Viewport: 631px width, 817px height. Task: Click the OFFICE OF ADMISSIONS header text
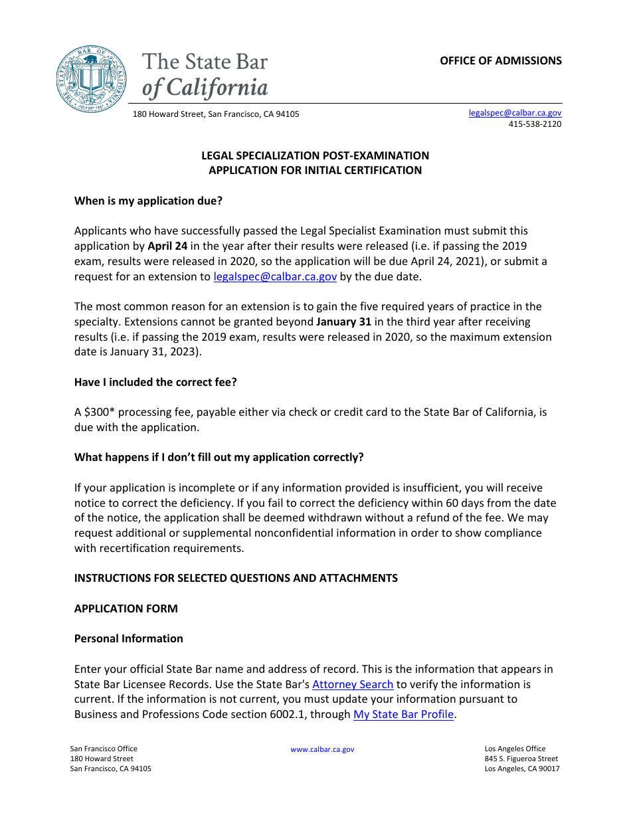(x=500, y=60)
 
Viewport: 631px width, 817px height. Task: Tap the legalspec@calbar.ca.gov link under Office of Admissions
(x=515, y=113)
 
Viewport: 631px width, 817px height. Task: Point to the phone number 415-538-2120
(x=535, y=124)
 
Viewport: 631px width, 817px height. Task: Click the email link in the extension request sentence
(x=275, y=276)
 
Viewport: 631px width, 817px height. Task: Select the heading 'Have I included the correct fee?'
(x=155, y=382)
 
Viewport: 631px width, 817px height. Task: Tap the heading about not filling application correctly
(x=219, y=457)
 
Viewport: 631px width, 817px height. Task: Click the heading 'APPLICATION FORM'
(x=126, y=608)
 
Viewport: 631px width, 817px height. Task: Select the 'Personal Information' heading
(x=128, y=638)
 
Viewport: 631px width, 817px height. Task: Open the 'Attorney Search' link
(x=353, y=684)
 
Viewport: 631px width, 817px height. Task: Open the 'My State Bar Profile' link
(x=403, y=715)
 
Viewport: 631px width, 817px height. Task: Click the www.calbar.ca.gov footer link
(x=322, y=749)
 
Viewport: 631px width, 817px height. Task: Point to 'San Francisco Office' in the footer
(x=104, y=749)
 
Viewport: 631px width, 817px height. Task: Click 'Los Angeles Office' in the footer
(x=515, y=749)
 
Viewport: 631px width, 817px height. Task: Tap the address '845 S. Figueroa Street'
(x=521, y=759)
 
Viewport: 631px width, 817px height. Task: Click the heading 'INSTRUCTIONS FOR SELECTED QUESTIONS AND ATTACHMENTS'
(x=236, y=578)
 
